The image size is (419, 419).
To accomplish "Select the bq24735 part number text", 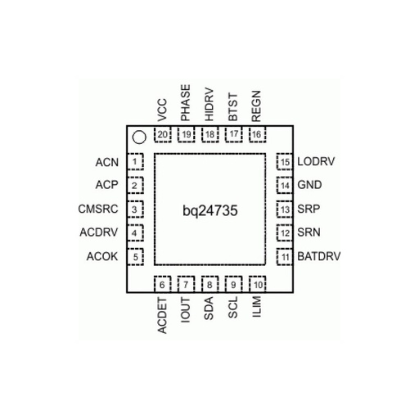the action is point(210,211).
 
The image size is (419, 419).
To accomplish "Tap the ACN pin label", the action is point(107,163).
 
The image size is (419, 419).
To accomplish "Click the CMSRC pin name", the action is point(98,209).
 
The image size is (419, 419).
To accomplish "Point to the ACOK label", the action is point(102,256).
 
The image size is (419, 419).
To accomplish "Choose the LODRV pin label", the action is point(316,161).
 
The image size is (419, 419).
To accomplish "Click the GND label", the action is point(309,185).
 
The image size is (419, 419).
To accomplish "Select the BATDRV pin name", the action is point(319,256).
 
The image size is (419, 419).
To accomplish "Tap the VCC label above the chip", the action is point(162,110).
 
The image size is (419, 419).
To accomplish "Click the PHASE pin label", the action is point(186,103).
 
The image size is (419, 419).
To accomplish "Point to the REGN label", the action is point(256,106).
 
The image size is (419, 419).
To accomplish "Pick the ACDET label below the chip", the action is point(162,316).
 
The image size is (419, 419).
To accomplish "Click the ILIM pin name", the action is point(256,306).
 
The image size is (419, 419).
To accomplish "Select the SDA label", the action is point(209,309).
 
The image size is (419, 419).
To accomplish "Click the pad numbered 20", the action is point(163,134).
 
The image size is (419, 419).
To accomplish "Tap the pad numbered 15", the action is point(285,162).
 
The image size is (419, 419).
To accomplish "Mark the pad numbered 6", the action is point(163,285).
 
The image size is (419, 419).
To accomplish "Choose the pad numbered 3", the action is point(135,209).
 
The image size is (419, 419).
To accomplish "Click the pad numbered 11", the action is point(285,257).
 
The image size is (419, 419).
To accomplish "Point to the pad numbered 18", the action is point(210,134).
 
